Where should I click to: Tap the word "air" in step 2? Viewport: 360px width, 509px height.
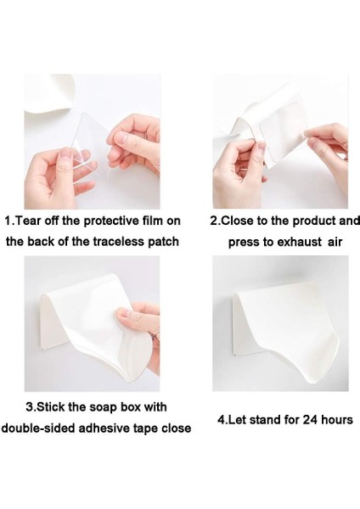point(335,242)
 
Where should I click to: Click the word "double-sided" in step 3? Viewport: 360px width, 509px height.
point(38,428)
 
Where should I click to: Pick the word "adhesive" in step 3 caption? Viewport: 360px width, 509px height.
point(104,428)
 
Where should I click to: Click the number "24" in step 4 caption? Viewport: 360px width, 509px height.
point(310,420)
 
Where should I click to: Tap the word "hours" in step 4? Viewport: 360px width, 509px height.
point(337,420)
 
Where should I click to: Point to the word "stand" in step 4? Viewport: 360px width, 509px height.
point(265,420)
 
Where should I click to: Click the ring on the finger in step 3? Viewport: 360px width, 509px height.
point(157,336)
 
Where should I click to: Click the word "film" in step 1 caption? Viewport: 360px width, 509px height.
point(153,221)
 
